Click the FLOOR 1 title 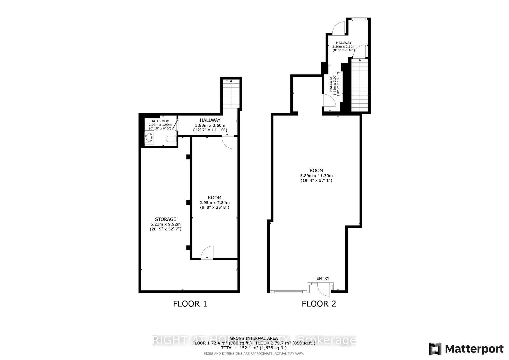coord(190,304)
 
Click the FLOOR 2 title coord(319,304)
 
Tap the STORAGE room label coord(166,219)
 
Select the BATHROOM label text coord(160,121)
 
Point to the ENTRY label coord(323,279)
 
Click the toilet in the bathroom coord(170,139)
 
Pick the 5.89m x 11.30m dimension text coord(316,176)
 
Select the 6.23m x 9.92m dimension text coord(166,224)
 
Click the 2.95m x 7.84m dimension coord(215,203)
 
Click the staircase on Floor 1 coord(231,94)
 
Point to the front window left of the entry coord(289,291)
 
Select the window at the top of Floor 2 coord(359,19)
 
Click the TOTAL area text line coord(253,348)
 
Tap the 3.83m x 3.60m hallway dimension coord(210,125)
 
